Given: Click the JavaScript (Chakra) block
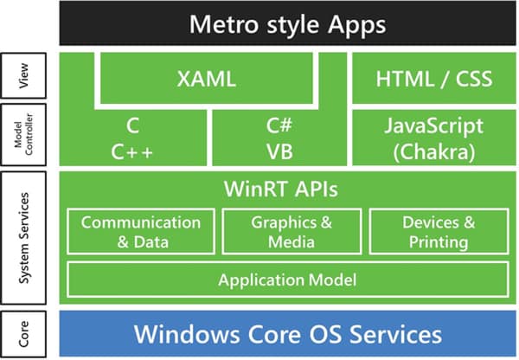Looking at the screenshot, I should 433,138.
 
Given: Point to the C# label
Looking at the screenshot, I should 279,126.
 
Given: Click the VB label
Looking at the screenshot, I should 279,151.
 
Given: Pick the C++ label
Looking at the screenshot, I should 132,151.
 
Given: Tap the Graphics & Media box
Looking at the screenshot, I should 291,230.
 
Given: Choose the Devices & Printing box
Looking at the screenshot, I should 439,230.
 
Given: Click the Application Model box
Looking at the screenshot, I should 287,280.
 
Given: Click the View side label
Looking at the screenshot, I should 26,79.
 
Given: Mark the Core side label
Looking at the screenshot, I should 26,333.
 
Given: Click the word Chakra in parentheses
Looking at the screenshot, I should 434,151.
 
